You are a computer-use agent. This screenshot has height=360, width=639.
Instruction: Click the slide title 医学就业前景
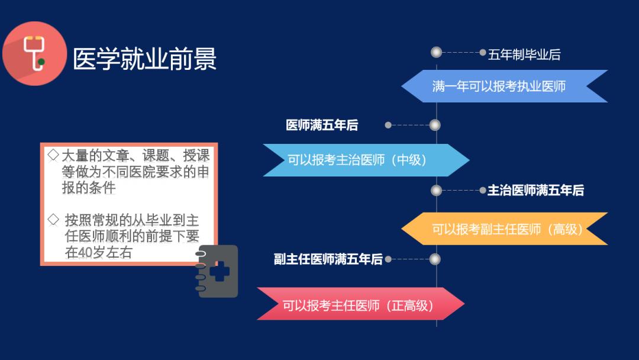click(144, 59)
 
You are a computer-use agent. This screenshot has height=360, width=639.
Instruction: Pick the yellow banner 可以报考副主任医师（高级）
click(506, 229)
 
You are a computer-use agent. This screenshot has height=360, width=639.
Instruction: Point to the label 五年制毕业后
click(524, 55)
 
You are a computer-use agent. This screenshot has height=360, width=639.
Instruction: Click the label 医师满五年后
click(322, 126)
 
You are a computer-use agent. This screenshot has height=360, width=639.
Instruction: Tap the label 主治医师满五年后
click(535, 191)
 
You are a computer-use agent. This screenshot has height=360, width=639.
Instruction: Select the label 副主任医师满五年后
click(328, 259)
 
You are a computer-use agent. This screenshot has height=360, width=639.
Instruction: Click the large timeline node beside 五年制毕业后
click(437, 52)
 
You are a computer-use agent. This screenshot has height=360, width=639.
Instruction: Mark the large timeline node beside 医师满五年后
click(435, 125)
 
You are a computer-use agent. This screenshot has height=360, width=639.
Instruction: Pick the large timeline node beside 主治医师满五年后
click(437, 191)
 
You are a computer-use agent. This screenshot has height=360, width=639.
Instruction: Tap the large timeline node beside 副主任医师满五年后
click(435, 259)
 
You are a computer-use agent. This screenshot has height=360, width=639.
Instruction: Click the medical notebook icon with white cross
click(217, 271)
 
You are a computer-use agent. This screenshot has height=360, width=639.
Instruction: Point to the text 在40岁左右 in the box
click(99, 253)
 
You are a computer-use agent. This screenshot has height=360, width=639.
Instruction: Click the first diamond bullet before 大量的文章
click(53, 155)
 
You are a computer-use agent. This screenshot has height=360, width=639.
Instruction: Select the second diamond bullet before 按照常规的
click(53, 220)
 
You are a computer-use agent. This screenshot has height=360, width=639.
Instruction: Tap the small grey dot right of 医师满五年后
click(388, 125)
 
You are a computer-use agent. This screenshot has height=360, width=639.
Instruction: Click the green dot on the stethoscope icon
click(41, 61)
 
